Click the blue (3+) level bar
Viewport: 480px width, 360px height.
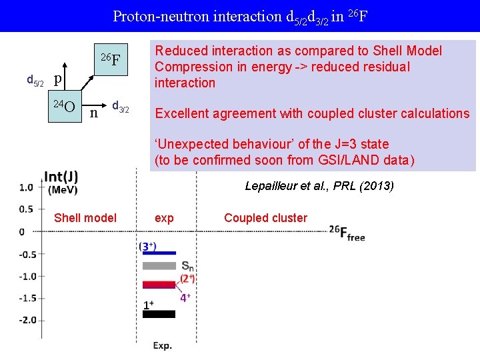pos(159,253)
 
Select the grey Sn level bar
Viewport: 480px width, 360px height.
pos(159,265)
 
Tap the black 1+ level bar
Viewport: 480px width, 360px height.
pos(159,313)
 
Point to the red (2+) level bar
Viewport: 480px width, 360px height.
pos(159,285)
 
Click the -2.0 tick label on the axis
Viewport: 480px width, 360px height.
pos(27,320)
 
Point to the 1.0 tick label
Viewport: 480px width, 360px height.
pos(27,187)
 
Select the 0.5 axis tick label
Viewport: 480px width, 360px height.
pos(27,209)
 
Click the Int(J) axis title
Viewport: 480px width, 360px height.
pos(61,177)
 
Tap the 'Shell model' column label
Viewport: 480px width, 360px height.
pos(85,218)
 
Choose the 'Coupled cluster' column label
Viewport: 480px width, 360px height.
pos(265,218)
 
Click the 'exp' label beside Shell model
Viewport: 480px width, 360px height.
pos(164,218)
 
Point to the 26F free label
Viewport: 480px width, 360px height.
pos(347,233)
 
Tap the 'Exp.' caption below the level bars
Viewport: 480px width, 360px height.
pos(163,345)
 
